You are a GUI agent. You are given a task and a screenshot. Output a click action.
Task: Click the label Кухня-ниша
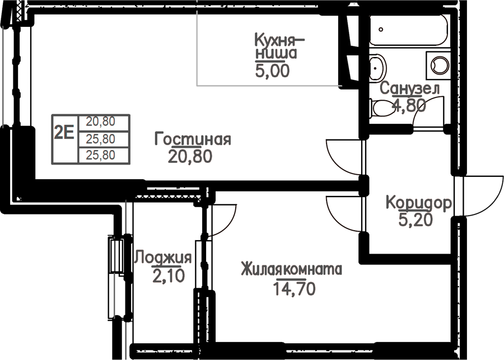(x=279, y=47)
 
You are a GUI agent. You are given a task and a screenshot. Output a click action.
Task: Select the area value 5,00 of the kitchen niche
(x=272, y=71)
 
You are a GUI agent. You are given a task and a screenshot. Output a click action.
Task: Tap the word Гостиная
(x=193, y=139)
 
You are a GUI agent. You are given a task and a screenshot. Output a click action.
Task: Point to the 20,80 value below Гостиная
(x=190, y=157)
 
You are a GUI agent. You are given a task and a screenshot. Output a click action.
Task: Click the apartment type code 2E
(x=64, y=132)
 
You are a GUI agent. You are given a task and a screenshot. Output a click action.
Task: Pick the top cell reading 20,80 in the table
(x=101, y=122)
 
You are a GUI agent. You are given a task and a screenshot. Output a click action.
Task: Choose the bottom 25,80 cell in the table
(x=101, y=155)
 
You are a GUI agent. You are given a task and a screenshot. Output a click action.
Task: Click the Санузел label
(x=410, y=88)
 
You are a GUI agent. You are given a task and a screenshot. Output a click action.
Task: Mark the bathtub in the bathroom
(x=408, y=29)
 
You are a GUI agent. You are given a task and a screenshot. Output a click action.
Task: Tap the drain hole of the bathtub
(x=381, y=29)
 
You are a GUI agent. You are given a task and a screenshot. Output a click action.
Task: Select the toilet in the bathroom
(x=382, y=108)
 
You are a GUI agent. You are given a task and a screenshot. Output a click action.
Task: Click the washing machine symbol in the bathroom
(x=438, y=66)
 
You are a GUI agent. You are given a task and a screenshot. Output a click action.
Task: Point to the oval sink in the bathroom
(x=377, y=68)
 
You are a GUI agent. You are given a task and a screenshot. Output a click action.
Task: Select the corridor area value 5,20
(x=416, y=220)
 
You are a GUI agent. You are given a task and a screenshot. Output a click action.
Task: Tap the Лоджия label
(x=162, y=258)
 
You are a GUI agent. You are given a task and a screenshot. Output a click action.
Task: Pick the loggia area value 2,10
(x=169, y=276)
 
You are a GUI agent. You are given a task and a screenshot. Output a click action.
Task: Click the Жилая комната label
(x=292, y=269)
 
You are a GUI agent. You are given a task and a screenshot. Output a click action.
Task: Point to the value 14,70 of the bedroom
(x=294, y=289)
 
